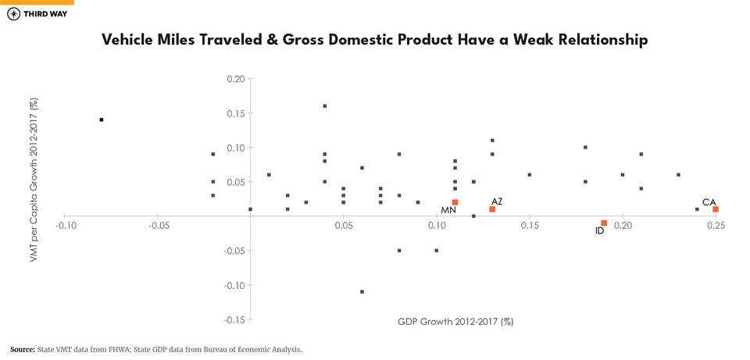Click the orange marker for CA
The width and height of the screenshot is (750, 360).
click(x=715, y=209)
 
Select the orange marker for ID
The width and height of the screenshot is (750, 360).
click(x=604, y=223)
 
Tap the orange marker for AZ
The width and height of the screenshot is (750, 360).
click(x=492, y=209)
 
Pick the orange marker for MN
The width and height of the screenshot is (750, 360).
click(x=455, y=202)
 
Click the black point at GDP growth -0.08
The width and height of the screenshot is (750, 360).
click(x=102, y=119)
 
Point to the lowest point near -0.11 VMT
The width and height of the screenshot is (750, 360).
click(x=362, y=291)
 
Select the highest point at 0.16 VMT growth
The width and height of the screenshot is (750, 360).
click(x=325, y=106)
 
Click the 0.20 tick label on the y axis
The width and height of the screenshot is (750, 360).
click(x=235, y=79)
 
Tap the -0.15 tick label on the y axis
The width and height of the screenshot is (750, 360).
click(x=234, y=319)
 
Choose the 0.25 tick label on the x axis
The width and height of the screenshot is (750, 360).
click(x=716, y=226)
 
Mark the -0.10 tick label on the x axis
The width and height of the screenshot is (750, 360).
click(x=66, y=226)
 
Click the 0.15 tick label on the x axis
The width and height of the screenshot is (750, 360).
click(x=529, y=226)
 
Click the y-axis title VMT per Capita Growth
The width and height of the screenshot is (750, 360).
click(x=34, y=180)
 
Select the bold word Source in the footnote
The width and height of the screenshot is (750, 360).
click(x=22, y=350)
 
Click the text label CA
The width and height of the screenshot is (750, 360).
click(x=709, y=202)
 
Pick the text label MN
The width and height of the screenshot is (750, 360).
click(x=448, y=211)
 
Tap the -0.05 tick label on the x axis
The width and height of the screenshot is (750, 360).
click(x=159, y=226)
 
